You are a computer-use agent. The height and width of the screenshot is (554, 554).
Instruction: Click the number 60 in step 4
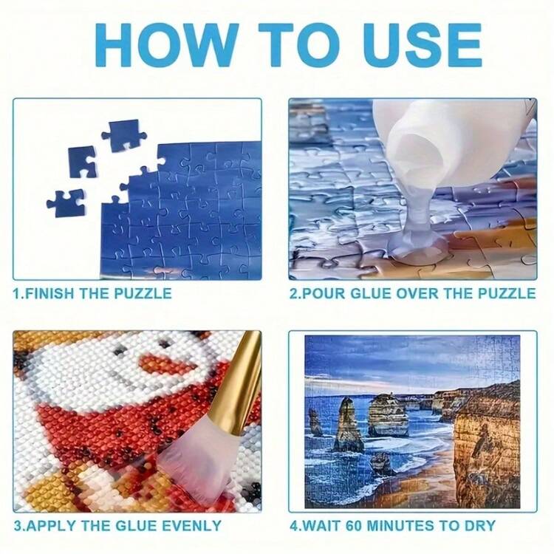point(355,525)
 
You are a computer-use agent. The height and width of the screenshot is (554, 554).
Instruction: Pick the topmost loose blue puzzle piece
point(124,134)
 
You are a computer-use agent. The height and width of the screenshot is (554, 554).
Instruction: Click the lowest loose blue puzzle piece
point(66,203)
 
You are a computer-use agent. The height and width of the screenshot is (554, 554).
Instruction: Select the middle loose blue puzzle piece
point(82,163)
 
